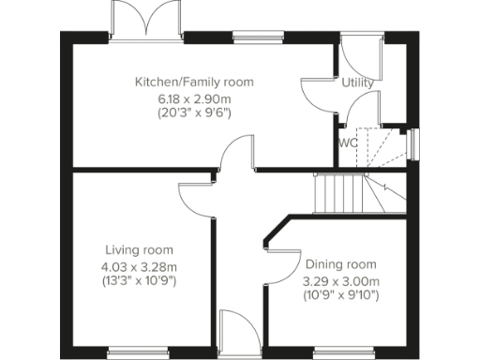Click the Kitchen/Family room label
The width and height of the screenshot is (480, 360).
[x=194, y=82]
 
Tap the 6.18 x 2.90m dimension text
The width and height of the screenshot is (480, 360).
[x=195, y=97]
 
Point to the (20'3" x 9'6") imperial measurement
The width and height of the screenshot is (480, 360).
[x=195, y=112]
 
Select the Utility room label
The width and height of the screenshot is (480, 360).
[x=357, y=83]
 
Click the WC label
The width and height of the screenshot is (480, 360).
[x=348, y=143]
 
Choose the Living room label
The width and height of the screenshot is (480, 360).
[x=139, y=250]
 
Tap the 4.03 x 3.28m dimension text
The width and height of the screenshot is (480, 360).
[x=139, y=265]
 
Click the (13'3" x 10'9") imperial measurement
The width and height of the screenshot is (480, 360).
[x=139, y=280]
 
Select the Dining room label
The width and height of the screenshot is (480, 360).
[x=341, y=265]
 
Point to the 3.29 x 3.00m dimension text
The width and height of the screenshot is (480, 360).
[x=341, y=280]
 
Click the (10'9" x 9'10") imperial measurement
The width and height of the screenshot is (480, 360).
[x=341, y=295]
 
